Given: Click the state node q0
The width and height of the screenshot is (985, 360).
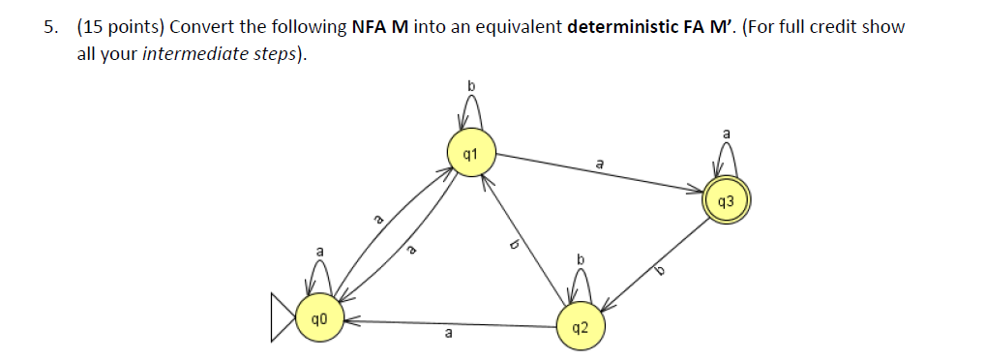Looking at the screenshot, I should click(317, 318).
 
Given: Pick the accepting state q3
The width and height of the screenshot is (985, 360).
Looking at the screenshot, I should click(727, 201).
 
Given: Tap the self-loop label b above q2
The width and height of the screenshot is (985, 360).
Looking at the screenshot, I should click(581, 258).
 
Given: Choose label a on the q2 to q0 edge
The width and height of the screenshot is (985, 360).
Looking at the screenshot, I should click(447, 335).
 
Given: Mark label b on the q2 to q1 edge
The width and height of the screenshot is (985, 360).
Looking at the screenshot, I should click(516, 246).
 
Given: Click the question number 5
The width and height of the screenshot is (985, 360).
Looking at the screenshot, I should click(48, 26).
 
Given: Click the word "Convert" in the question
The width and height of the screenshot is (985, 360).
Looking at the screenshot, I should click(202, 26).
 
